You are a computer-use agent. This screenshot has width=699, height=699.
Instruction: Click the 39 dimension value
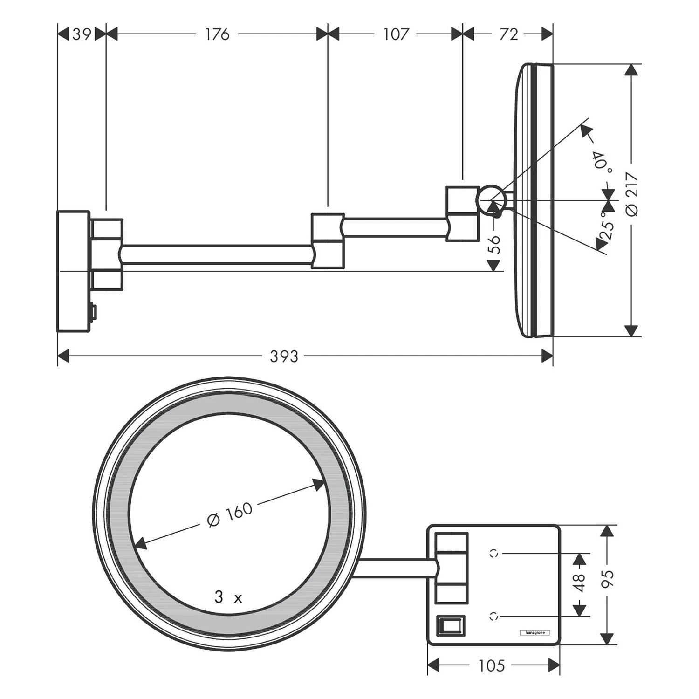click(x=82, y=34)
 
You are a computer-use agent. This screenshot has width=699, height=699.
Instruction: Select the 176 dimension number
click(x=217, y=34)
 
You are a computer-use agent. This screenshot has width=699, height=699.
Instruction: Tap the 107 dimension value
click(x=396, y=34)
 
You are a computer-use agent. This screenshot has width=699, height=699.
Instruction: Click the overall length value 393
click(x=284, y=356)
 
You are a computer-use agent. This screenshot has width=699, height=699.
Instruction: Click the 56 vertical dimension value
click(x=495, y=244)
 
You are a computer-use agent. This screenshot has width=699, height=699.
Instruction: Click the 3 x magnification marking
click(x=228, y=597)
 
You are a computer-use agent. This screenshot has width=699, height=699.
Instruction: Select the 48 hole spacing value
click(x=579, y=582)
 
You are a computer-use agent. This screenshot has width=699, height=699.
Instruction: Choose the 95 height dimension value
click(x=608, y=578)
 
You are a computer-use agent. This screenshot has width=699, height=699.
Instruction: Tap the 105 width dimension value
click(x=492, y=665)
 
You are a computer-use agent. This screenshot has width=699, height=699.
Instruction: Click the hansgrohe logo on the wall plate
click(x=535, y=632)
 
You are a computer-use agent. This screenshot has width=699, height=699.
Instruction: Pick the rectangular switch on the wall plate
click(x=450, y=624)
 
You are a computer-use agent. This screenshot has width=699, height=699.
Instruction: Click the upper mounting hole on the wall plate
click(x=493, y=553)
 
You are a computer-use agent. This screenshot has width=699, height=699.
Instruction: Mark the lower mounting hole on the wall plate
click(x=493, y=617)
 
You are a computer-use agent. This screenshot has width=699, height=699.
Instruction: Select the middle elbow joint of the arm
click(x=328, y=241)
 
